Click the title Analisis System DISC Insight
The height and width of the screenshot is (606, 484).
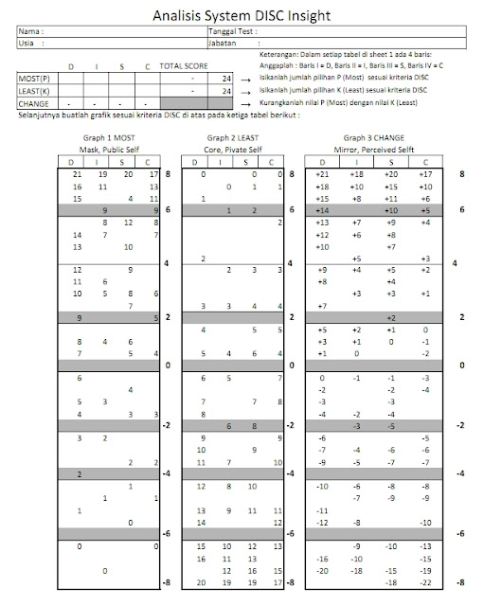(x=242, y=14)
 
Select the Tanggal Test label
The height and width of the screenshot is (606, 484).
(x=232, y=31)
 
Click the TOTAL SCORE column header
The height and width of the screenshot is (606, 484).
(x=185, y=67)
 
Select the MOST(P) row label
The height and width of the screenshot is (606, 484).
(x=32, y=80)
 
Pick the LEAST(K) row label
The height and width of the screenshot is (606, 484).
(x=33, y=91)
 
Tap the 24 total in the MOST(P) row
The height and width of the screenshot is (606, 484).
(x=225, y=80)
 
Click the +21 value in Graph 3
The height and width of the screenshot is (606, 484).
(x=322, y=175)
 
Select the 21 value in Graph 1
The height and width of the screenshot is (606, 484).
(x=78, y=175)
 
